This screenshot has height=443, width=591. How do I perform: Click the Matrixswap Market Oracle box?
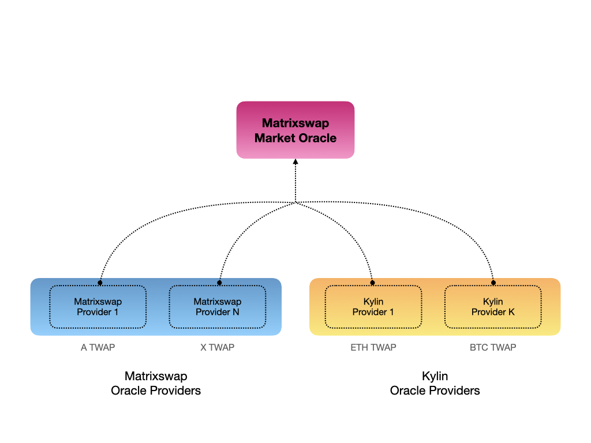(x=295, y=130)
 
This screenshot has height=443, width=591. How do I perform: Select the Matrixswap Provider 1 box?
(x=98, y=307)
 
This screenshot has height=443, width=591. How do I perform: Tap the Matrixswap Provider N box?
(x=217, y=307)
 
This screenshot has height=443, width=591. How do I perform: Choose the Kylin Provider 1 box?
(x=373, y=307)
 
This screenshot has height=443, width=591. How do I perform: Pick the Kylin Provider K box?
(x=493, y=307)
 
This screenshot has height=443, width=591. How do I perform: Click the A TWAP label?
(x=98, y=347)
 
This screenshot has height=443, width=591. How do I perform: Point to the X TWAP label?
(x=217, y=347)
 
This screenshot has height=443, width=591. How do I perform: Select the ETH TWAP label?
(x=373, y=347)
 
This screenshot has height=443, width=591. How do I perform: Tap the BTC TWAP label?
(x=493, y=347)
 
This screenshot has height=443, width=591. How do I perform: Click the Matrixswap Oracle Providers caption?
(x=156, y=384)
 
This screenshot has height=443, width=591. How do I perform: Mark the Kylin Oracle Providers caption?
(x=435, y=384)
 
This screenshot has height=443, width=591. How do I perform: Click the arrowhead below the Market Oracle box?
(x=295, y=162)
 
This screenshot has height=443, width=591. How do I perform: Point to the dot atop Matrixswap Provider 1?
(x=100, y=283)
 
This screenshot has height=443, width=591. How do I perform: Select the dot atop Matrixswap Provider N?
(x=219, y=283)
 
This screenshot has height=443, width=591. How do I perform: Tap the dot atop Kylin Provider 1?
(x=372, y=283)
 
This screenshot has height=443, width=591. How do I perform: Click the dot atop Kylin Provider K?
(x=493, y=283)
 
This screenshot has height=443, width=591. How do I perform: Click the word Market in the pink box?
(x=275, y=138)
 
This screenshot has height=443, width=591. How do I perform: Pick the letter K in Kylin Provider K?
(x=511, y=312)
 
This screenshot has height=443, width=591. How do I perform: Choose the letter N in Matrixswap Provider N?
(x=235, y=312)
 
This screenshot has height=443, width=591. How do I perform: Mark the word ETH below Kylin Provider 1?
(x=358, y=347)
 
